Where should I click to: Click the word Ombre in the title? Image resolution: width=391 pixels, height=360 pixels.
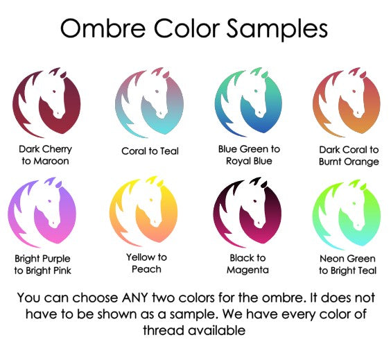(x=103, y=28)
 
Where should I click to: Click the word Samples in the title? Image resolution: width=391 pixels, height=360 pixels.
(x=277, y=29)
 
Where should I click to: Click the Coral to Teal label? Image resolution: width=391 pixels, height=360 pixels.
(x=150, y=151)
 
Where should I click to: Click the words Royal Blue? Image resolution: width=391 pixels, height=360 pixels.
(x=249, y=161)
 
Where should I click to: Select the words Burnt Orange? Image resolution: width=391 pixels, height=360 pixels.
(x=349, y=162)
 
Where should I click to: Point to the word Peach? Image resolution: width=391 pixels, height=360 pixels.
(x=146, y=269)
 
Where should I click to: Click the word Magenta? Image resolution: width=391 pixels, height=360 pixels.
(x=247, y=270)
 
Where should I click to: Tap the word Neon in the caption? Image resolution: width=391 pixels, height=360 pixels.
(x=332, y=259)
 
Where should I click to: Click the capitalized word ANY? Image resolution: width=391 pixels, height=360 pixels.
(x=134, y=298)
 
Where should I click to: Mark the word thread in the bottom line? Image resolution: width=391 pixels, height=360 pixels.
(x=164, y=330)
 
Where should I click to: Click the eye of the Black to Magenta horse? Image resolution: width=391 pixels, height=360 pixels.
(x=254, y=200)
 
